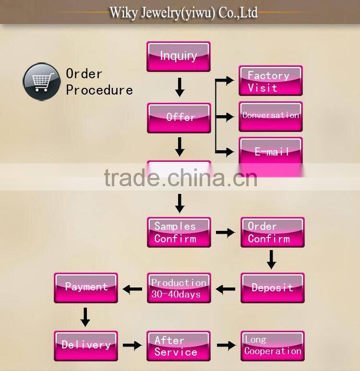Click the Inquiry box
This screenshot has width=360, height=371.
point(179,57)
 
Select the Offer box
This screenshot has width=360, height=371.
point(179,118)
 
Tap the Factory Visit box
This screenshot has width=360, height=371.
point(271,81)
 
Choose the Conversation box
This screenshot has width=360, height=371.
point(271,116)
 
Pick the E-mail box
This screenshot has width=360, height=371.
point(271,151)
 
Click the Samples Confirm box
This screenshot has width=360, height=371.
point(179,232)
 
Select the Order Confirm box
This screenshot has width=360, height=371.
point(272,232)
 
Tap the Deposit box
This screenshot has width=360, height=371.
point(272,288)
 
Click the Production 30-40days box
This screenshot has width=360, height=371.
point(179,288)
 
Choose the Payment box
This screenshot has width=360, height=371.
point(86,288)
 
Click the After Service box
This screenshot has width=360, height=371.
point(179,346)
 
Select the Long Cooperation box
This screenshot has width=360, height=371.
point(272,346)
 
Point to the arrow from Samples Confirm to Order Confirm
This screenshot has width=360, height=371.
point(225,232)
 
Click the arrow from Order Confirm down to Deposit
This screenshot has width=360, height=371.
point(271,260)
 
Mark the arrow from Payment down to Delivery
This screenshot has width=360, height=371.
point(85,316)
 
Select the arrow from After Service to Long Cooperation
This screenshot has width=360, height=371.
point(225,345)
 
